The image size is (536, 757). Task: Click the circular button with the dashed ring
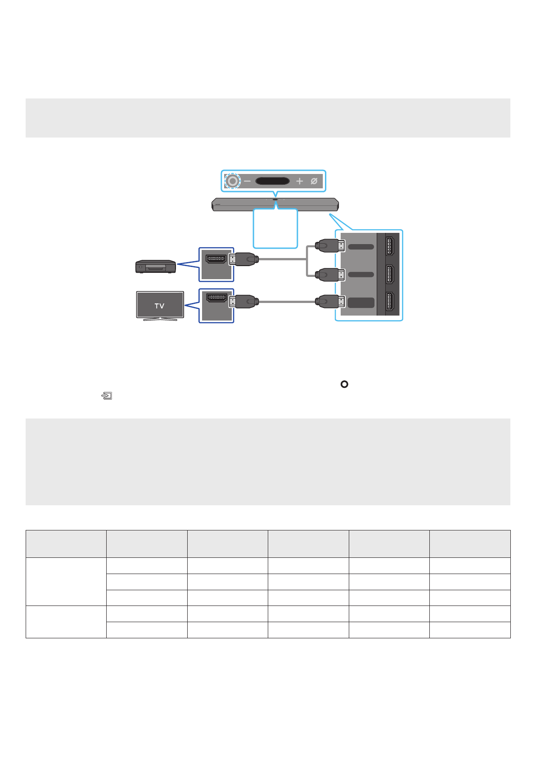click(x=232, y=181)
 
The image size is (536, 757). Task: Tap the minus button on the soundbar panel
click(x=247, y=181)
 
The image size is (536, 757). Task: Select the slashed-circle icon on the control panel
click(x=314, y=181)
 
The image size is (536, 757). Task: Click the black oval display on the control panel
click(x=272, y=181)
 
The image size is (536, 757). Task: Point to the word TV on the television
click(x=159, y=306)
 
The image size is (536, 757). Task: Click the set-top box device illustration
click(x=155, y=267)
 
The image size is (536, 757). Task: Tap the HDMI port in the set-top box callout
click(x=216, y=259)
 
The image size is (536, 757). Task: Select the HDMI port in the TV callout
click(x=216, y=298)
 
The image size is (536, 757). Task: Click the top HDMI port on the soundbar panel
click(x=390, y=246)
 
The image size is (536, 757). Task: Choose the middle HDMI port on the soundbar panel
click(x=390, y=274)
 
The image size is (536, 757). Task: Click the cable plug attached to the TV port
click(x=243, y=302)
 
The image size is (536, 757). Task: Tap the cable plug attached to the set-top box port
click(x=243, y=259)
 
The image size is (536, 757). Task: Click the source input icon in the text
click(x=107, y=396)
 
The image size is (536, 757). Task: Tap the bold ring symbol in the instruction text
click(x=344, y=384)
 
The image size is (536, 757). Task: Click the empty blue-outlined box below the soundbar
click(x=275, y=228)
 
